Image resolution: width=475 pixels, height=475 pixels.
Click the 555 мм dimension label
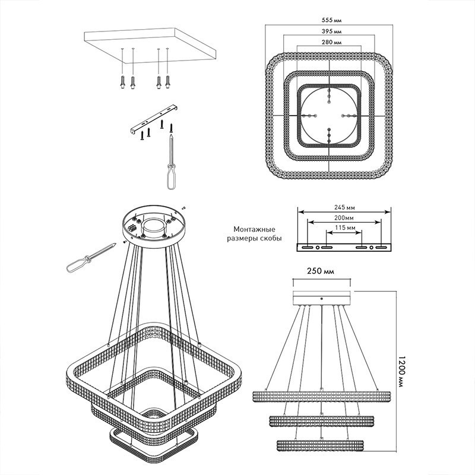tap(331, 20)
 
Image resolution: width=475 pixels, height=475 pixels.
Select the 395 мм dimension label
tap(331, 31)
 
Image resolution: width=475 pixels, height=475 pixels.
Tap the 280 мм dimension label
tap(331, 42)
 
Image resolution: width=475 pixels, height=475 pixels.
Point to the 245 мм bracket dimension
tap(344, 207)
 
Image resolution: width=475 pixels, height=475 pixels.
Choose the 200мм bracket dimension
tap(344, 218)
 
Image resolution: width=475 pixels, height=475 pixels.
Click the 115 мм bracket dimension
tap(345, 227)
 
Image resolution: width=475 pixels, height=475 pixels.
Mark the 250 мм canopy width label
tap(321, 271)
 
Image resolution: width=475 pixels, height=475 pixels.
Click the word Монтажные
tap(255, 229)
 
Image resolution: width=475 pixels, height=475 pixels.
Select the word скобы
tap(271, 239)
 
